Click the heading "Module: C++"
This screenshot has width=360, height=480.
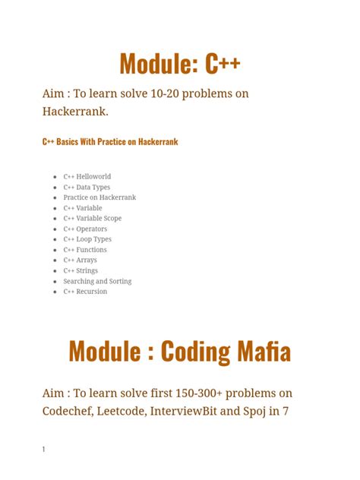(180, 64)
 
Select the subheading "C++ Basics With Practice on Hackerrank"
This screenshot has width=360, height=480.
(110, 142)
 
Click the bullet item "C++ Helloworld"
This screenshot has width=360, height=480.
(87, 176)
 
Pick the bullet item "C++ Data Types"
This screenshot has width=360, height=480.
(87, 187)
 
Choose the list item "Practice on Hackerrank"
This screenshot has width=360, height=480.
(99, 197)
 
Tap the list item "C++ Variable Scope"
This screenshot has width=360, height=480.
(92, 218)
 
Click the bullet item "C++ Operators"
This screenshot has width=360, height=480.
(85, 229)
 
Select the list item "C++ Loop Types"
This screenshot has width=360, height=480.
(87, 239)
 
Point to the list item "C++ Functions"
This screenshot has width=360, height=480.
(85, 250)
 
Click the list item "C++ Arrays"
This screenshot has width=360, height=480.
(80, 260)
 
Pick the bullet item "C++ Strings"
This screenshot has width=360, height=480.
(81, 270)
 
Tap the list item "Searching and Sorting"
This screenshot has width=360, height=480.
(97, 281)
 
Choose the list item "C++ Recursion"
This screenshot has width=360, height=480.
(85, 292)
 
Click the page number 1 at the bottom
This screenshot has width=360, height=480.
(44, 450)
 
